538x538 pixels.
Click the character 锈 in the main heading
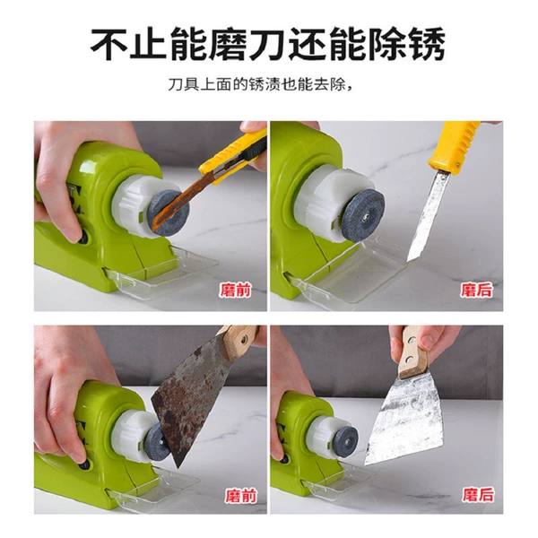pyautogui.click(x=426, y=44)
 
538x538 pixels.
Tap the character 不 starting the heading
pyautogui.click(x=109, y=44)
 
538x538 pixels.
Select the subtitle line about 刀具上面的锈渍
pyautogui.click(x=261, y=84)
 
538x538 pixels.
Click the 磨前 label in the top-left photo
pyautogui.click(x=235, y=291)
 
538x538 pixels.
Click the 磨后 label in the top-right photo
pyautogui.click(x=476, y=290)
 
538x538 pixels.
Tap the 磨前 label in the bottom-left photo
pyautogui.click(x=241, y=496)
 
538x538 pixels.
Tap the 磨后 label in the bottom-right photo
pyautogui.click(x=478, y=494)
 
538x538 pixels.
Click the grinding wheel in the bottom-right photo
pyautogui.click(x=345, y=442)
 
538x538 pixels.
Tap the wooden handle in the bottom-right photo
pyautogui.click(x=412, y=353)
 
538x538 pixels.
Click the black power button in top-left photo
pyautogui.click(x=83, y=237)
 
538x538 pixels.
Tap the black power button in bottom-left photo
pyautogui.click(x=84, y=465)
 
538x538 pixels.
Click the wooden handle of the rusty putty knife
pyautogui.click(x=239, y=341)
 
